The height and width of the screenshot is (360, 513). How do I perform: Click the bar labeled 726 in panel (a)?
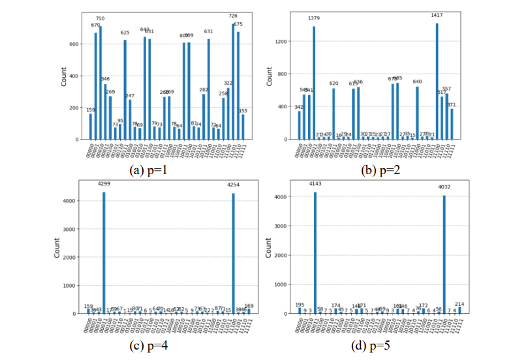tap(233, 82)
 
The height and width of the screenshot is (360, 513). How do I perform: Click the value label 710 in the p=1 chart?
tap(100, 19)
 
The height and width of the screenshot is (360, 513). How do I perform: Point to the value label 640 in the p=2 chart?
tap(417, 82)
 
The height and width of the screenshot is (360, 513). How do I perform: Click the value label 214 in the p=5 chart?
tap(459, 304)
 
